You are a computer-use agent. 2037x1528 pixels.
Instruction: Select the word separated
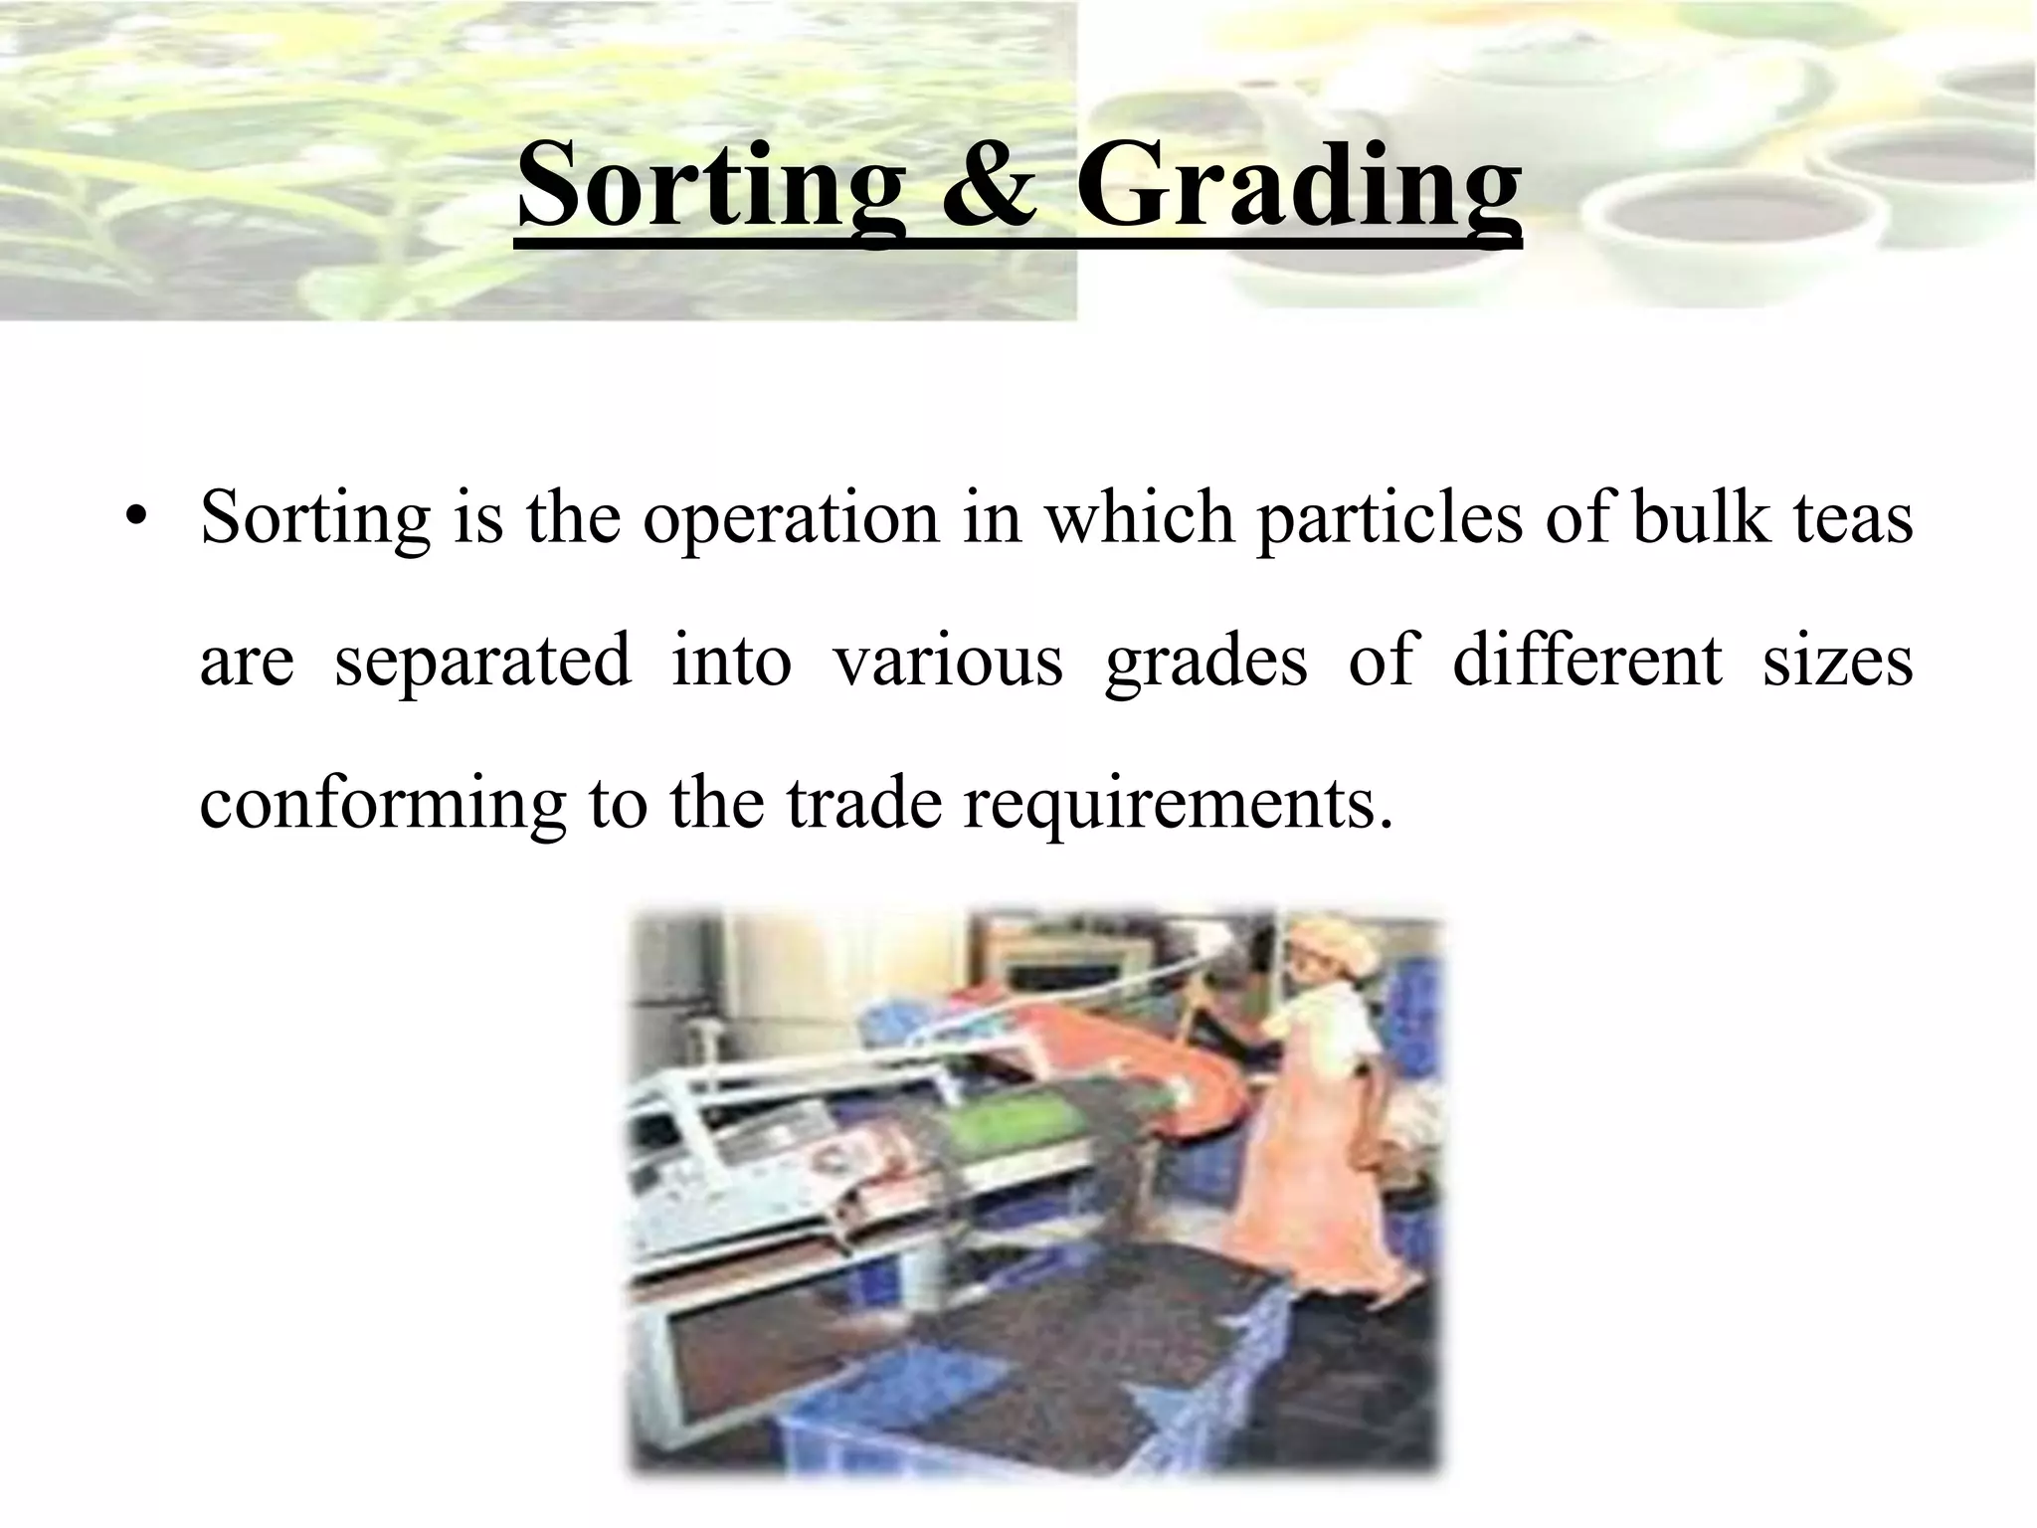(481, 662)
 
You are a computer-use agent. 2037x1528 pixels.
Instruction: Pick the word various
(947, 660)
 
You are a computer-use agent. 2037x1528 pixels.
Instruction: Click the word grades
(1205, 662)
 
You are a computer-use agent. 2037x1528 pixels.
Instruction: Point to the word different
(1586, 660)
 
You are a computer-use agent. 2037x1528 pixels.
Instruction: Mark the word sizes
(1837, 660)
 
